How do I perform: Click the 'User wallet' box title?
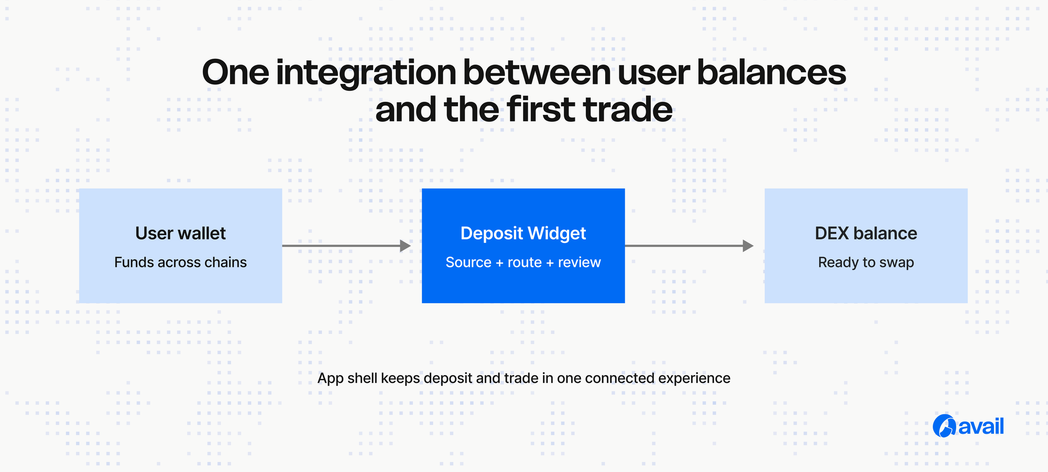180,233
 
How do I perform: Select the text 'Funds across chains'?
180,262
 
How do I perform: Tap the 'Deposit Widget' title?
523,233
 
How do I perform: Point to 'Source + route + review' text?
523,262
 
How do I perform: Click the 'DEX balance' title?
866,233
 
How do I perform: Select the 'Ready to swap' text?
866,262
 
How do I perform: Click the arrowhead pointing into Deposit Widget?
405,245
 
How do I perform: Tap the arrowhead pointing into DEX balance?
748,245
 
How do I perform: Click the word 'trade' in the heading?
628,110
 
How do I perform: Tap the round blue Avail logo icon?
944,426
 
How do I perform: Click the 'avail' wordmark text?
981,426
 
